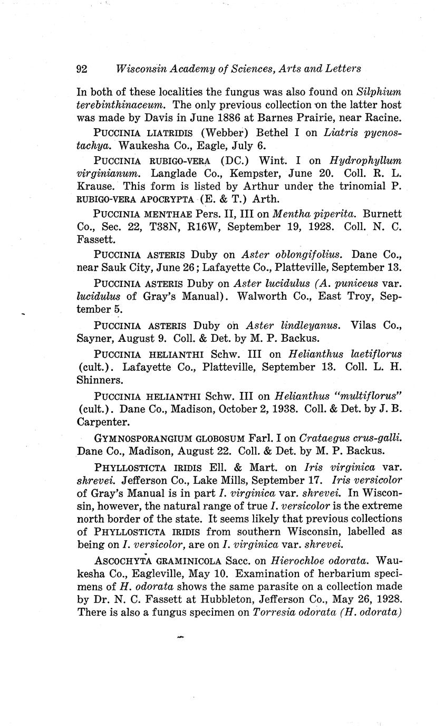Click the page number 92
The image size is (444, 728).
(82, 69)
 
